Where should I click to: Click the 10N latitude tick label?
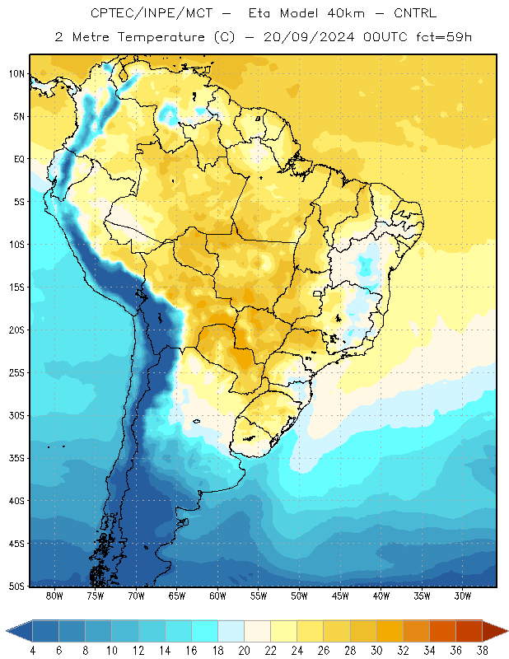pyautogui.click(x=16, y=74)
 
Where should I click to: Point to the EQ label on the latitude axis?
pyautogui.click(x=19, y=159)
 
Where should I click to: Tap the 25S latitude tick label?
pyautogui.click(x=16, y=373)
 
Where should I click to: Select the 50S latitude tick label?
pyautogui.click(x=16, y=587)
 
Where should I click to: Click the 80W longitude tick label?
pyautogui.click(x=54, y=596)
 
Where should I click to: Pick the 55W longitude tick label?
pyautogui.click(x=259, y=596)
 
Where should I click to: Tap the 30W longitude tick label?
pyautogui.click(x=463, y=596)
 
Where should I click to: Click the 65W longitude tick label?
pyautogui.click(x=177, y=596)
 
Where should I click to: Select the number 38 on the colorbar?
pyautogui.click(x=482, y=651)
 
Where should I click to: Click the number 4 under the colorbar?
pyautogui.click(x=32, y=651)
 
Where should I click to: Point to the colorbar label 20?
pyautogui.click(x=244, y=651)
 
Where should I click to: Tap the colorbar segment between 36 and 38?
pyautogui.click(x=469, y=631)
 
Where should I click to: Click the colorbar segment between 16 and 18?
pyautogui.click(x=204, y=631)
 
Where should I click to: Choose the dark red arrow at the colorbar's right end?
pyautogui.click(x=495, y=631)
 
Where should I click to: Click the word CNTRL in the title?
pyautogui.click(x=415, y=13)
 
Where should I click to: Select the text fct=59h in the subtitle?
pyautogui.click(x=444, y=37)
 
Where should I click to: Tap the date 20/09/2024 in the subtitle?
pyautogui.click(x=309, y=37)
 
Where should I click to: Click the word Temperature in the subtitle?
pyautogui.click(x=161, y=37)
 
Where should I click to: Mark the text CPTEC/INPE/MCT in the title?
pyautogui.click(x=152, y=14)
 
